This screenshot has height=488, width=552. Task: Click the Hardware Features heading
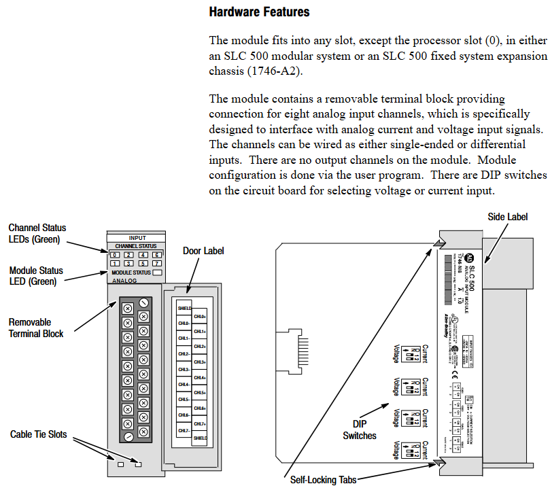point(259,12)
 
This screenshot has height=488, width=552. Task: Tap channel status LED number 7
point(157,263)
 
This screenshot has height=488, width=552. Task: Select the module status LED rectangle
point(158,272)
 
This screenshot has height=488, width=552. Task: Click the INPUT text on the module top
point(137,238)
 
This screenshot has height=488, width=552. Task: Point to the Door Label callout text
point(203,251)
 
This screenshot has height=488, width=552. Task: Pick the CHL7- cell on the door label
point(184,430)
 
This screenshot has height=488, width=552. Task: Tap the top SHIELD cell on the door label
point(184,308)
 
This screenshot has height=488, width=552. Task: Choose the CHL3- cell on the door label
point(184,369)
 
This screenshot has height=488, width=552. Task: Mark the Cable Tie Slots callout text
point(39,434)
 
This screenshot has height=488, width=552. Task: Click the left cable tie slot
point(120,465)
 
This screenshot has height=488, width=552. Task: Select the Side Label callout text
point(507,217)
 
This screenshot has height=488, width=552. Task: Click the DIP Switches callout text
point(360,430)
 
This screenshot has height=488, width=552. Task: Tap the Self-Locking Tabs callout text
point(323,479)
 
